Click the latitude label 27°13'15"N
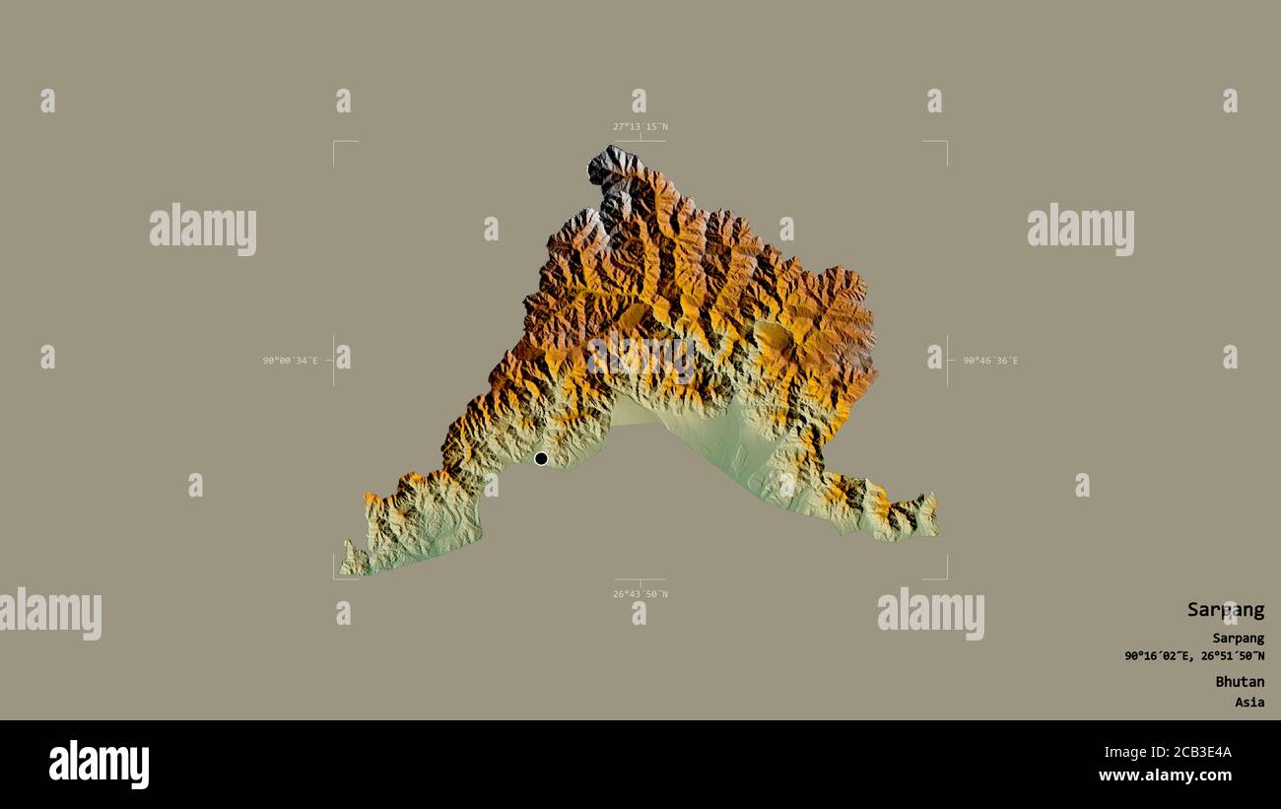[640, 127]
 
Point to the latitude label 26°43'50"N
[640, 594]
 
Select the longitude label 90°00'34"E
[290, 361]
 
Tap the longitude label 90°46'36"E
[990, 361]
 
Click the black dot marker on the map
[541, 458]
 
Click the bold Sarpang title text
[1225, 610]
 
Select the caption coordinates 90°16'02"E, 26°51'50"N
[1194, 656]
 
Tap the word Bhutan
[1239, 682]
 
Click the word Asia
[1249, 703]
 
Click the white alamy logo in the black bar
[99, 765]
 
